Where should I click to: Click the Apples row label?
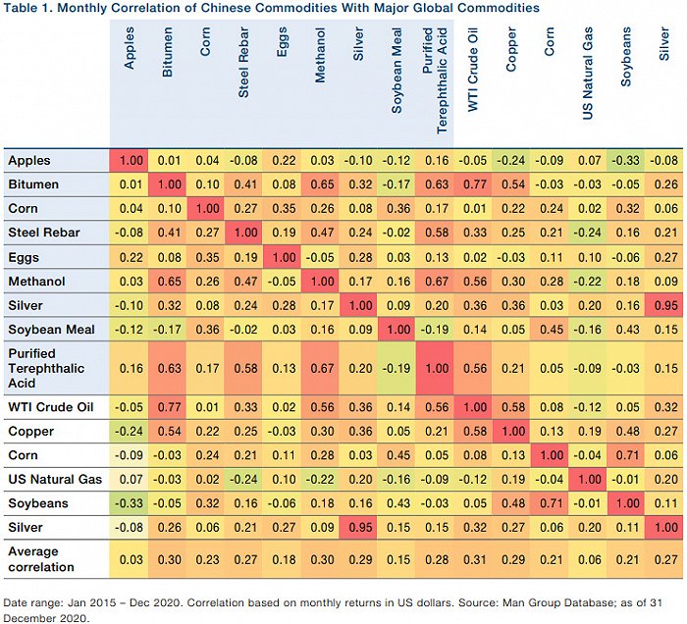[x=28, y=160]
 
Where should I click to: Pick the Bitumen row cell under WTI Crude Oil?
[x=474, y=184]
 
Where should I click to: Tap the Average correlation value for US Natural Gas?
[x=589, y=559]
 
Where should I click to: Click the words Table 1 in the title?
[x=28, y=8]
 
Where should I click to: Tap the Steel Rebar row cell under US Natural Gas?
[x=589, y=233]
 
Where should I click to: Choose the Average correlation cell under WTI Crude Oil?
[x=474, y=559]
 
